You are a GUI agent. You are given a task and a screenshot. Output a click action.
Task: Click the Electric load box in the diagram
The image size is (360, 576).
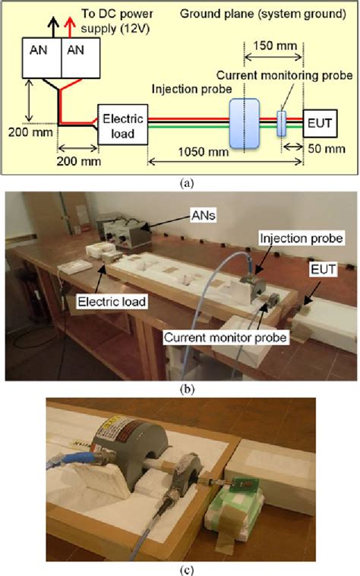click(118, 127)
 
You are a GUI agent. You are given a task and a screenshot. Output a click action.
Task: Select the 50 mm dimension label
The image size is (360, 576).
click(325, 150)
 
